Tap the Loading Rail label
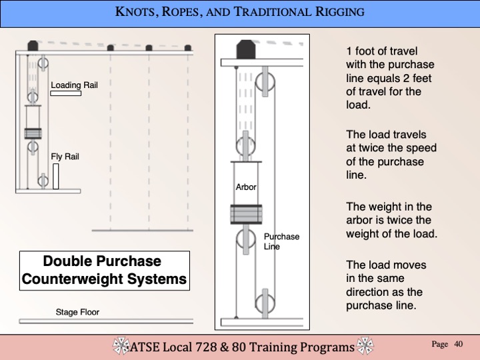[75, 85]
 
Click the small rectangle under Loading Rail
[66, 93]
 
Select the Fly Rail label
[65, 157]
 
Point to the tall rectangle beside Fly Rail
[56, 176]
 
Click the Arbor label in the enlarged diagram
[246, 187]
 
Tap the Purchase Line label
[281, 241]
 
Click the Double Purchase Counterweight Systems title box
[105, 271]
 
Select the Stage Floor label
[77, 312]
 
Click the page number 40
[458, 344]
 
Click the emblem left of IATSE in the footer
[121, 346]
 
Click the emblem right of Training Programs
[365, 346]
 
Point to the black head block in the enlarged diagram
[246, 49]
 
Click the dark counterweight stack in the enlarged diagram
[246, 214]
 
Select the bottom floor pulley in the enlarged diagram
[265, 304]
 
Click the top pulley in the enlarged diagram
[265, 81]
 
